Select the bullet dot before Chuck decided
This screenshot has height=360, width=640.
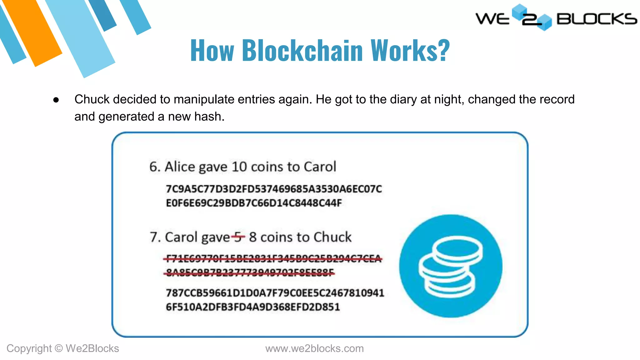tap(56, 100)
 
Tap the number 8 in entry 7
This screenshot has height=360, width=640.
tap(253, 237)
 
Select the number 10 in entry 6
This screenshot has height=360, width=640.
tap(239, 167)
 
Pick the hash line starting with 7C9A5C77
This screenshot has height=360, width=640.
tap(274, 189)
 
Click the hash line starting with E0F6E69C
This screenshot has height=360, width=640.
tap(254, 203)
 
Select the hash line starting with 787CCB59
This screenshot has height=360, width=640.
tap(275, 293)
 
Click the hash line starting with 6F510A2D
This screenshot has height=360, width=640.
tap(253, 307)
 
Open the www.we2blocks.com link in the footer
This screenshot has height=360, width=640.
tap(314, 348)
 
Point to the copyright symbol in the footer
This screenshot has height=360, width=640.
tap(58, 348)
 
